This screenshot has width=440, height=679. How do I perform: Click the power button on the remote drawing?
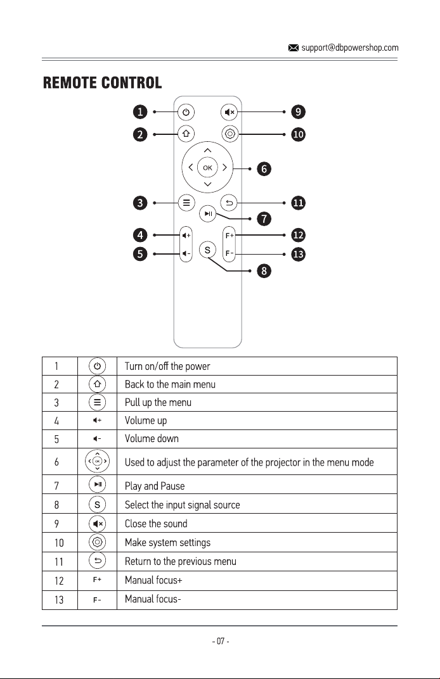(186, 112)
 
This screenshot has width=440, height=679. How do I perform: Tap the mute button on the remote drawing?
(229, 112)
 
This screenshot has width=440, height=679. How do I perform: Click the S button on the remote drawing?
(207, 250)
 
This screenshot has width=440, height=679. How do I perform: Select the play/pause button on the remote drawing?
(208, 213)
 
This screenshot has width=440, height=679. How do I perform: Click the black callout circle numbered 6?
(264, 168)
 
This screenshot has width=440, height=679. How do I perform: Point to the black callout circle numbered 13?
(298, 254)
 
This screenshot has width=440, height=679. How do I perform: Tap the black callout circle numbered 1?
(140, 111)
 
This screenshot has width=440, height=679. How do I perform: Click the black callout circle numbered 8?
(264, 271)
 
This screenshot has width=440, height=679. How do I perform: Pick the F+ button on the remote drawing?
(230, 236)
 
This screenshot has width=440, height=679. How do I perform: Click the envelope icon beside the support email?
(294, 48)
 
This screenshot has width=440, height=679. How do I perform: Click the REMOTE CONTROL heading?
(102, 83)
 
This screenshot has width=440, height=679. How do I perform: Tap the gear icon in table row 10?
(97, 542)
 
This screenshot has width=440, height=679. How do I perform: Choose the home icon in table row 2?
(97, 384)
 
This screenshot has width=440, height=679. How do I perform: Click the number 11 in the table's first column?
(59, 562)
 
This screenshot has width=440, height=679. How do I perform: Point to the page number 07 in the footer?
(221, 641)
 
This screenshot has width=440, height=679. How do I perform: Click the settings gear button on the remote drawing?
(230, 134)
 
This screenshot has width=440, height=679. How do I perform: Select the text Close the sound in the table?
(156, 524)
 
